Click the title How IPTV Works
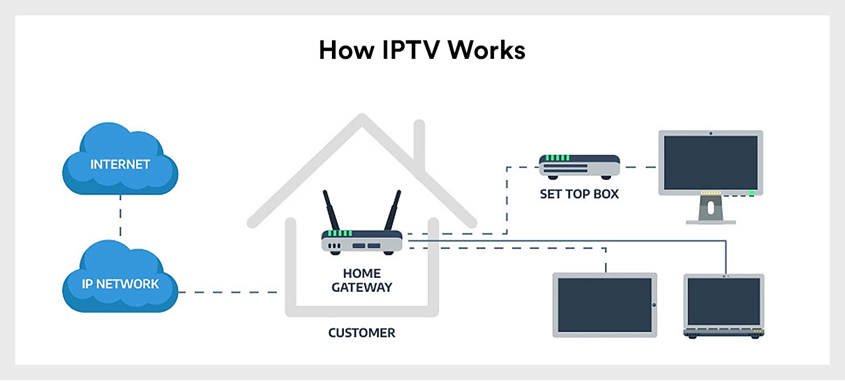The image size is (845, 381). coord(422,50)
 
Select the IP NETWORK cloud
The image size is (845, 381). coord(120,283)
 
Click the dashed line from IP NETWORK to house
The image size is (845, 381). coord(227,292)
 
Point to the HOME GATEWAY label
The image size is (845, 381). coord(362,280)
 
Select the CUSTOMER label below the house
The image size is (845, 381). coord(362,333)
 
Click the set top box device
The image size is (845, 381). coord(579,166)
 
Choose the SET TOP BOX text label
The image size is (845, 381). coord(579,195)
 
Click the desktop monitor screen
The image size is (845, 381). coord(711,162)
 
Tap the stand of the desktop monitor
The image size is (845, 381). coord(711,210)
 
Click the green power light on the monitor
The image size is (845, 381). coord(752,193)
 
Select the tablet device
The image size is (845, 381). coord(604,305)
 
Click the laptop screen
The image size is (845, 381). coord(724,301)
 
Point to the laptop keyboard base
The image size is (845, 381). coord(724,333)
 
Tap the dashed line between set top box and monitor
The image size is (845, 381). coord(639,166)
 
